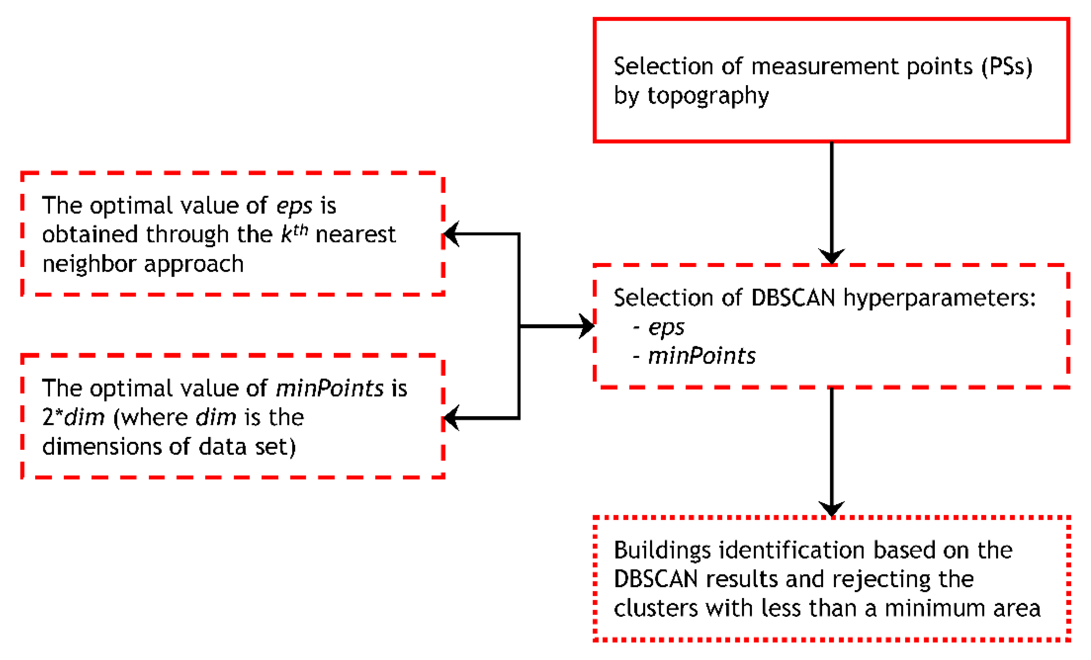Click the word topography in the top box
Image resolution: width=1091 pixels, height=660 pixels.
tap(708, 96)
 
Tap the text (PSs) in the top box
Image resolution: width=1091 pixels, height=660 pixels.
tap(1007, 67)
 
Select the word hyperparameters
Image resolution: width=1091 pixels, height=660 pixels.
tap(939, 298)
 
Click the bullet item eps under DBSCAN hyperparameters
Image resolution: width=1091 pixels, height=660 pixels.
tap(666, 327)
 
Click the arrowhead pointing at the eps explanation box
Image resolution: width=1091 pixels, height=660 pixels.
tap(451, 234)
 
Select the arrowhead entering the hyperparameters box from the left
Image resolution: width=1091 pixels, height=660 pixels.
tap(588, 327)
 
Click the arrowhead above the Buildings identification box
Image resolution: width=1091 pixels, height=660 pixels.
tap(832, 509)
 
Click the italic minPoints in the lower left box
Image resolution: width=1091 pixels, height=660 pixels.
tap(329, 389)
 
